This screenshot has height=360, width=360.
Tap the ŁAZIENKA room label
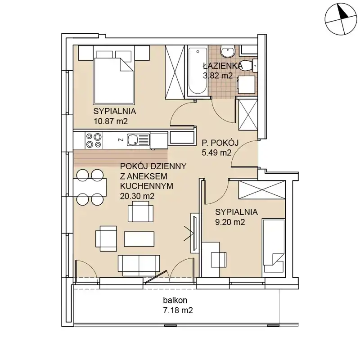coord(222,66)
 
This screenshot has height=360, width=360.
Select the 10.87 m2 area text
coord(111,121)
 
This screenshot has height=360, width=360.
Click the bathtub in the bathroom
coord(198,71)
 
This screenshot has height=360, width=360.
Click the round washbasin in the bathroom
coord(228,51)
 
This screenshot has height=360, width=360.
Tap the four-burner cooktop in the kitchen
coord(94,140)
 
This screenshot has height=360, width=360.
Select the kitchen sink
coord(138,140)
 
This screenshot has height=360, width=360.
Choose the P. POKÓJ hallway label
coord(220,143)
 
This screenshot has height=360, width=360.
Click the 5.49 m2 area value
coord(217,153)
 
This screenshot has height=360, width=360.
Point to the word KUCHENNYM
coord(147,186)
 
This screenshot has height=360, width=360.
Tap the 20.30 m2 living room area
coord(137,196)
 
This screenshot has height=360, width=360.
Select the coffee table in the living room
coord(139,239)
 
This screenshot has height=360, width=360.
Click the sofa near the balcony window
coord(139,265)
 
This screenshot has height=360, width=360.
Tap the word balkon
coord(175,300)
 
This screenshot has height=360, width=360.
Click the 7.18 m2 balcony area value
coord(178,310)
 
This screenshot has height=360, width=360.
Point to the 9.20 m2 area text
coord(230,222)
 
